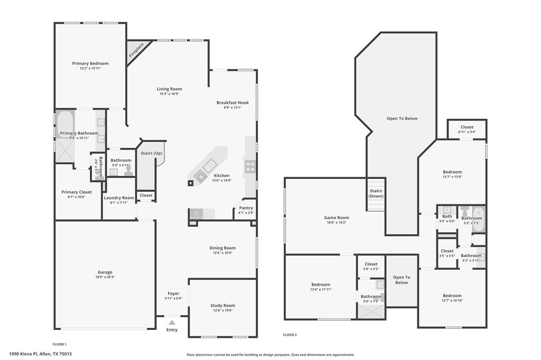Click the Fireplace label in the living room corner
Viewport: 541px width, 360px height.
[136, 50]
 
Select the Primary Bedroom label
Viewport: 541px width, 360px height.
[90, 63]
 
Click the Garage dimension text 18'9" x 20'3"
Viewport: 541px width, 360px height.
[105, 277]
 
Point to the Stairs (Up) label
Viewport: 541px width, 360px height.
[152, 153]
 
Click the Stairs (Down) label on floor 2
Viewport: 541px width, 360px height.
[376, 193]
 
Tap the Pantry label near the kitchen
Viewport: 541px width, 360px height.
[246, 208]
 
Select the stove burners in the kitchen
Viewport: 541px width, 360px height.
[250, 167]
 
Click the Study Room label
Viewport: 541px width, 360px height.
[222, 306]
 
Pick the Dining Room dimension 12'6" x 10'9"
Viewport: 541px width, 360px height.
[222, 253]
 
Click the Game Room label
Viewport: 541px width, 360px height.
[336, 217]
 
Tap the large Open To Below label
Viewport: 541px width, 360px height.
[402, 118]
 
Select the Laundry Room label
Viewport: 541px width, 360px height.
[119, 197]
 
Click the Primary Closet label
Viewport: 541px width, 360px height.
[77, 192]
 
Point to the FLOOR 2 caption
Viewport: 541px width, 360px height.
[290, 335]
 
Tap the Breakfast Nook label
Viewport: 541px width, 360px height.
[232, 102]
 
